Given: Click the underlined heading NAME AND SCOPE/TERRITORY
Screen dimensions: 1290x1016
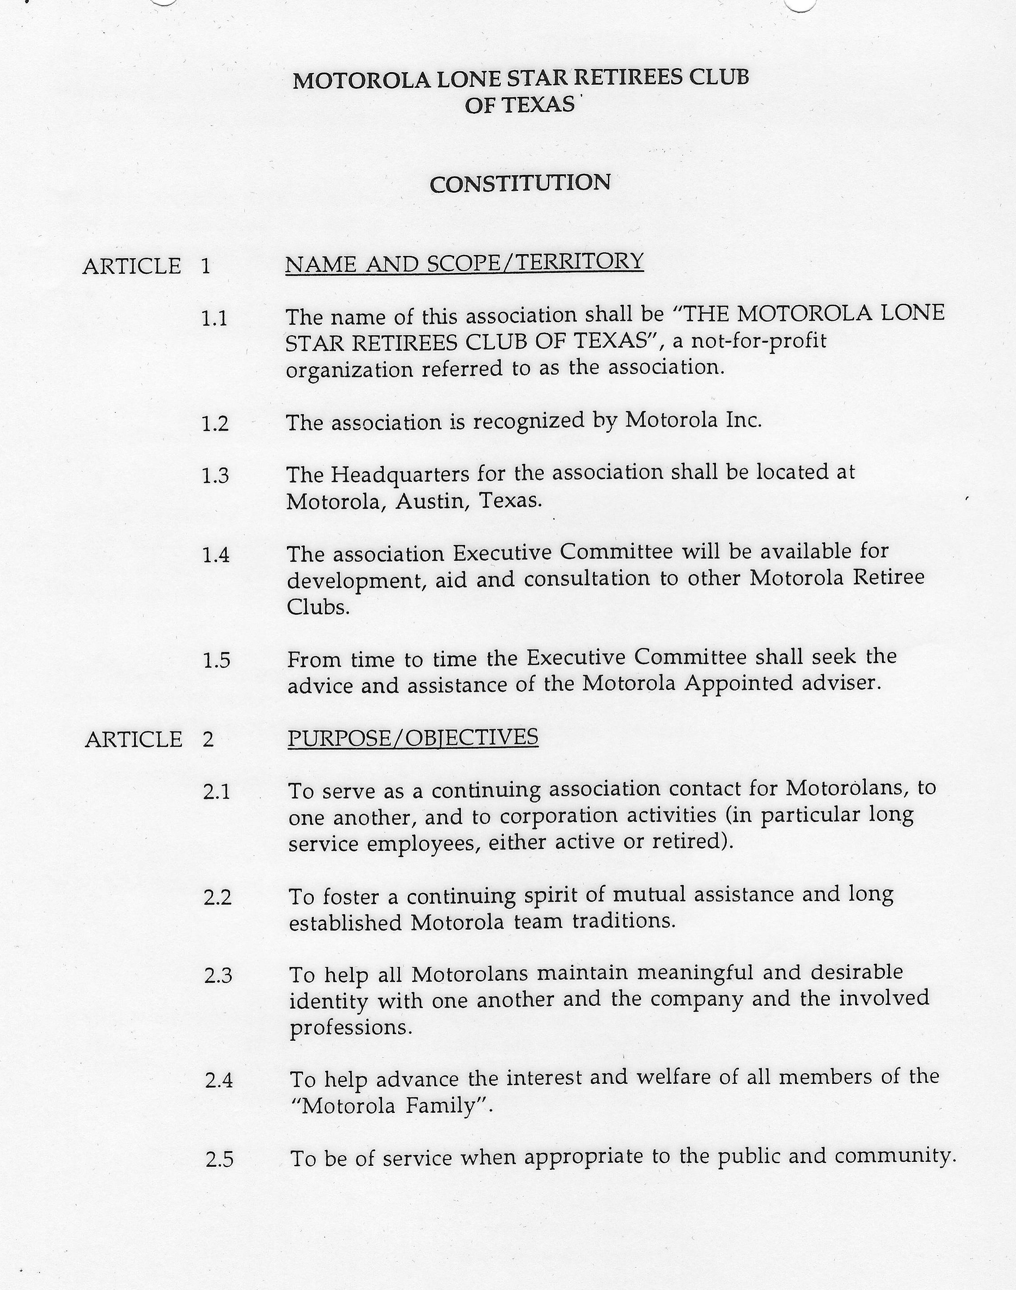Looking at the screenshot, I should pyautogui.click(x=464, y=262).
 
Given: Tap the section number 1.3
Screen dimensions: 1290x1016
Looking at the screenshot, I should pyautogui.click(x=215, y=476).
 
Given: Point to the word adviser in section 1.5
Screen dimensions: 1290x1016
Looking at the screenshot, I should pyautogui.click(x=839, y=683).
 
